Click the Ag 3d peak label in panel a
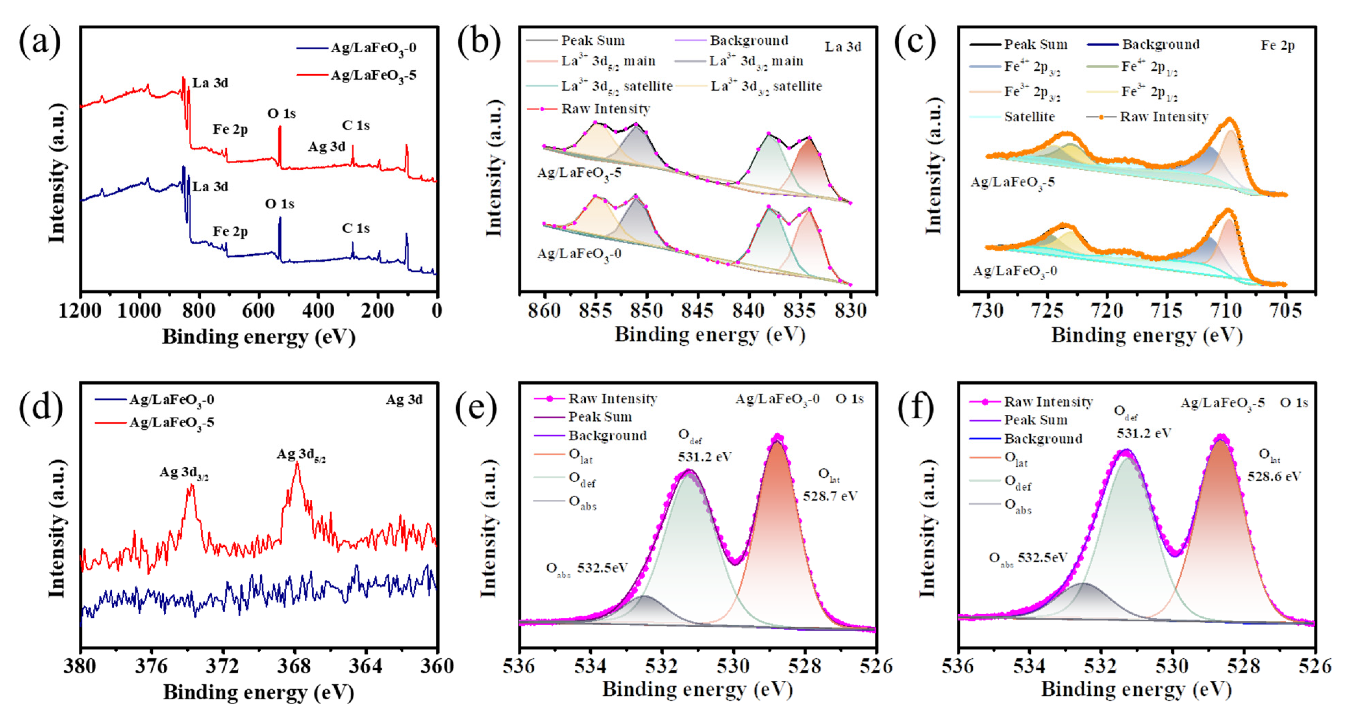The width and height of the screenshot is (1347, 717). pyautogui.click(x=327, y=147)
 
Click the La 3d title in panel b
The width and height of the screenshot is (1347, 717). pyautogui.click(x=843, y=47)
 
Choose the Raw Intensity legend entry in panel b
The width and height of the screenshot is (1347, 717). pyautogui.click(x=605, y=109)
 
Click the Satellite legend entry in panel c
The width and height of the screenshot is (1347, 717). pyautogui.click(x=1029, y=117)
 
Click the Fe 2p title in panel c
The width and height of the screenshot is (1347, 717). pyautogui.click(x=1277, y=46)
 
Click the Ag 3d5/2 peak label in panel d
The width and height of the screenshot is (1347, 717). pyautogui.click(x=301, y=454)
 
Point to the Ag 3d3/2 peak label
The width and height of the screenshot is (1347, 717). pyautogui.click(x=184, y=473)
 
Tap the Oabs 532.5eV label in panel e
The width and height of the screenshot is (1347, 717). pyautogui.click(x=587, y=568)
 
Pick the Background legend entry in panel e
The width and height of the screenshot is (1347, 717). pyautogui.click(x=607, y=435)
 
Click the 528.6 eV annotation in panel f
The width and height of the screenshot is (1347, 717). pyautogui.click(x=1274, y=476)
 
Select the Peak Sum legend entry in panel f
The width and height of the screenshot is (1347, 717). pyautogui.click(x=1035, y=420)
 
